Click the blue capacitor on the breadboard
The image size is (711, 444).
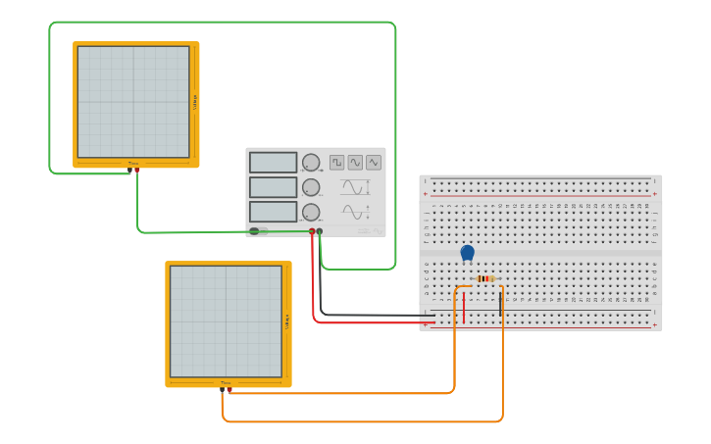(468, 253)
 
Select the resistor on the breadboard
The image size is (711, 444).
(484, 278)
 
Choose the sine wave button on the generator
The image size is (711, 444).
(355, 162)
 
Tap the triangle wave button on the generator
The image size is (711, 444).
(374, 162)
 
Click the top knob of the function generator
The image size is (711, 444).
(311, 163)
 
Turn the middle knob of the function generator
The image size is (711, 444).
(311, 187)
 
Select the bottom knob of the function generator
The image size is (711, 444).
(311, 212)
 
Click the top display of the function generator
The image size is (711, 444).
(273, 163)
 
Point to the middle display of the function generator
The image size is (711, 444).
(273, 187)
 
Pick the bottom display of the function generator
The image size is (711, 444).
(273, 212)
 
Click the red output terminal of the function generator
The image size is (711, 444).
(313, 231)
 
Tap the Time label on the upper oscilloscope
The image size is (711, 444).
(132, 164)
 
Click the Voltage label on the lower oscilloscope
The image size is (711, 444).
(287, 321)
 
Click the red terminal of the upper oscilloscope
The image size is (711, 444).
(137, 170)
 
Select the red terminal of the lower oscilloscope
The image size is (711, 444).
(229, 389)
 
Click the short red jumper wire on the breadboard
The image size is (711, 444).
(465, 305)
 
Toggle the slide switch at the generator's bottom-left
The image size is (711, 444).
(258, 231)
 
